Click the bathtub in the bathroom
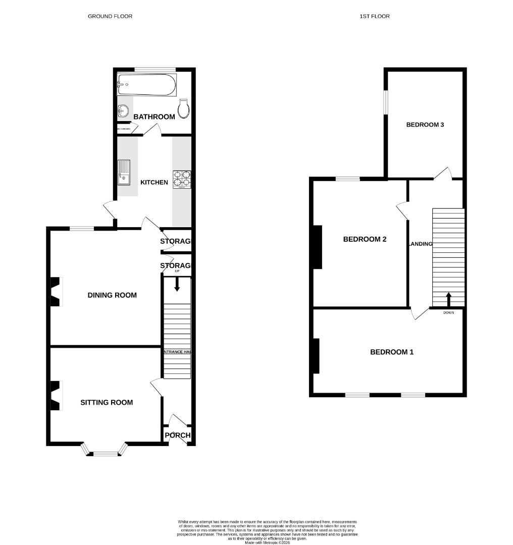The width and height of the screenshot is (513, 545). pyautogui.click(x=146, y=85)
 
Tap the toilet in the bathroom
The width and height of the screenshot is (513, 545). pyautogui.click(x=184, y=108)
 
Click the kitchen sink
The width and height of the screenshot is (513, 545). pyautogui.click(x=123, y=172)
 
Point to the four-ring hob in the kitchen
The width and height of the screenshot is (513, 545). pyautogui.click(x=182, y=179)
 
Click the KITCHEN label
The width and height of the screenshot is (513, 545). pyautogui.click(x=154, y=182)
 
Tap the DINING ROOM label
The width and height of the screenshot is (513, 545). pyautogui.click(x=112, y=295)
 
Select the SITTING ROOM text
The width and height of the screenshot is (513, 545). pyautogui.click(x=107, y=402)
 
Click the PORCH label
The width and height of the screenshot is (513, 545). pyautogui.click(x=178, y=435)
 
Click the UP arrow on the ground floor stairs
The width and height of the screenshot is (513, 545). pyautogui.click(x=177, y=285)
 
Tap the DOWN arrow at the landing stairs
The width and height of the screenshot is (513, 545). pyautogui.click(x=448, y=299)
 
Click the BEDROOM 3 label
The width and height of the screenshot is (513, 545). pyautogui.click(x=425, y=125)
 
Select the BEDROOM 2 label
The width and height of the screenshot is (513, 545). pyautogui.click(x=365, y=239)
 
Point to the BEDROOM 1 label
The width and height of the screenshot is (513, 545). pyautogui.click(x=392, y=352)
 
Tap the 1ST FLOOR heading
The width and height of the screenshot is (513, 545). pyautogui.click(x=374, y=16)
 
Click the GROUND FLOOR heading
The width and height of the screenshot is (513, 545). pyautogui.click(x=110, y=16)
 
